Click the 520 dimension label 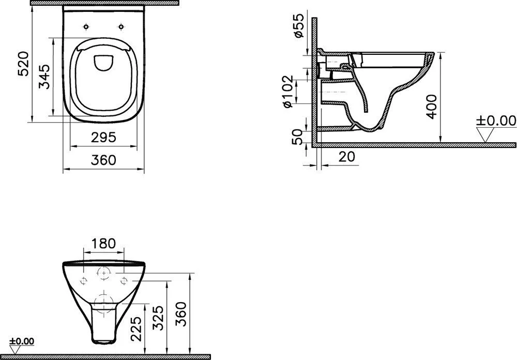click(x=24, y=64)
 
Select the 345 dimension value click(x=44, y=77)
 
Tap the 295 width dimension click(x=103, y=137)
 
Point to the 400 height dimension click(x=431, y=107)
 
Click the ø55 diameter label click(x=298, y=26)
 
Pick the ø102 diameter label click(x=287, y=92)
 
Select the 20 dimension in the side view click(x=347, y=156)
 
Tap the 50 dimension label click(x=297, y=137)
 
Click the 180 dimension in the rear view click(x=103, y=243)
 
